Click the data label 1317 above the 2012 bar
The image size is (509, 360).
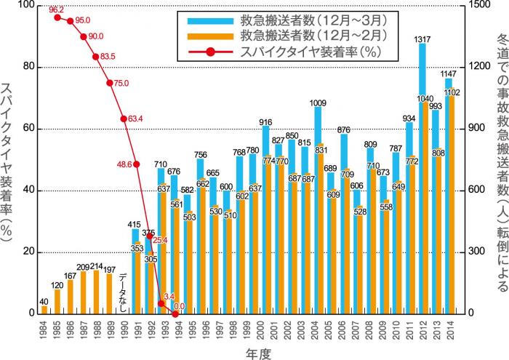[421, 39]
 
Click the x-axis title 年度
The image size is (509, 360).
[254, 351]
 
